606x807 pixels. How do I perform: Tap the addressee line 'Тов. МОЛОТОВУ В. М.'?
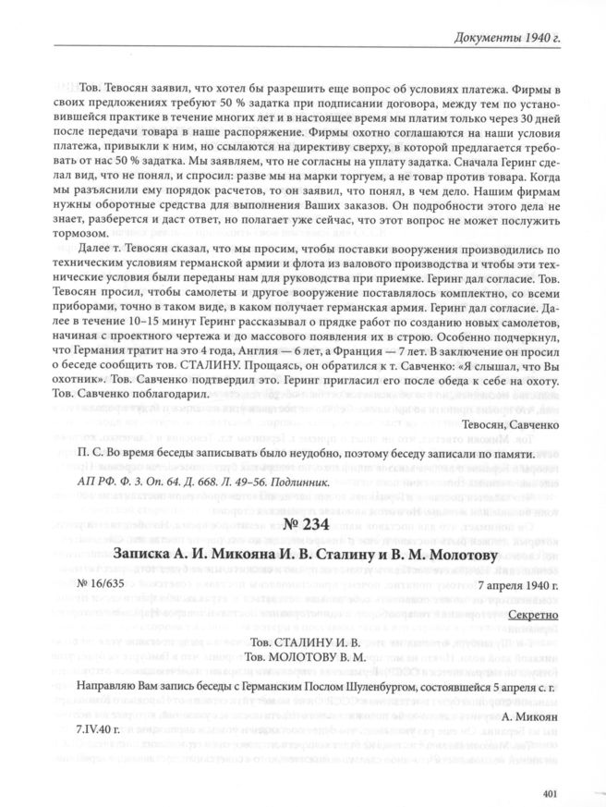tap(302, 656)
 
